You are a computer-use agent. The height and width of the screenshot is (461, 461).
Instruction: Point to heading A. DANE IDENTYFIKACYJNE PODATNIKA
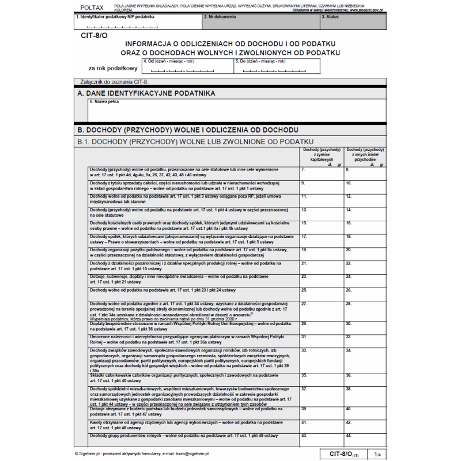[146, 93]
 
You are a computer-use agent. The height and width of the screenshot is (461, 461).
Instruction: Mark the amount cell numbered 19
[321, 254]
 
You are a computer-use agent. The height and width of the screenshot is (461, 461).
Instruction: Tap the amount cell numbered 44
[365, 440]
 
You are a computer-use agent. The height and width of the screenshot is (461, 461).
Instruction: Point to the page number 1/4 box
[377, 454]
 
